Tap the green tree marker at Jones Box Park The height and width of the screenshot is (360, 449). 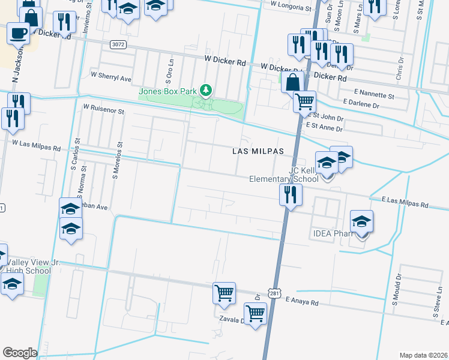pos(206,90)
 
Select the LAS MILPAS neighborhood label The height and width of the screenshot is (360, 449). pos(258,152)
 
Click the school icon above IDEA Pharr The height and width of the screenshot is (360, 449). pos(361,222)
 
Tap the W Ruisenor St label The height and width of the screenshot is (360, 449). pos(104,110)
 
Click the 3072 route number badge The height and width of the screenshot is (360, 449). pos(119,44)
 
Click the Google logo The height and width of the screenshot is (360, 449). pos(20,353)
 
